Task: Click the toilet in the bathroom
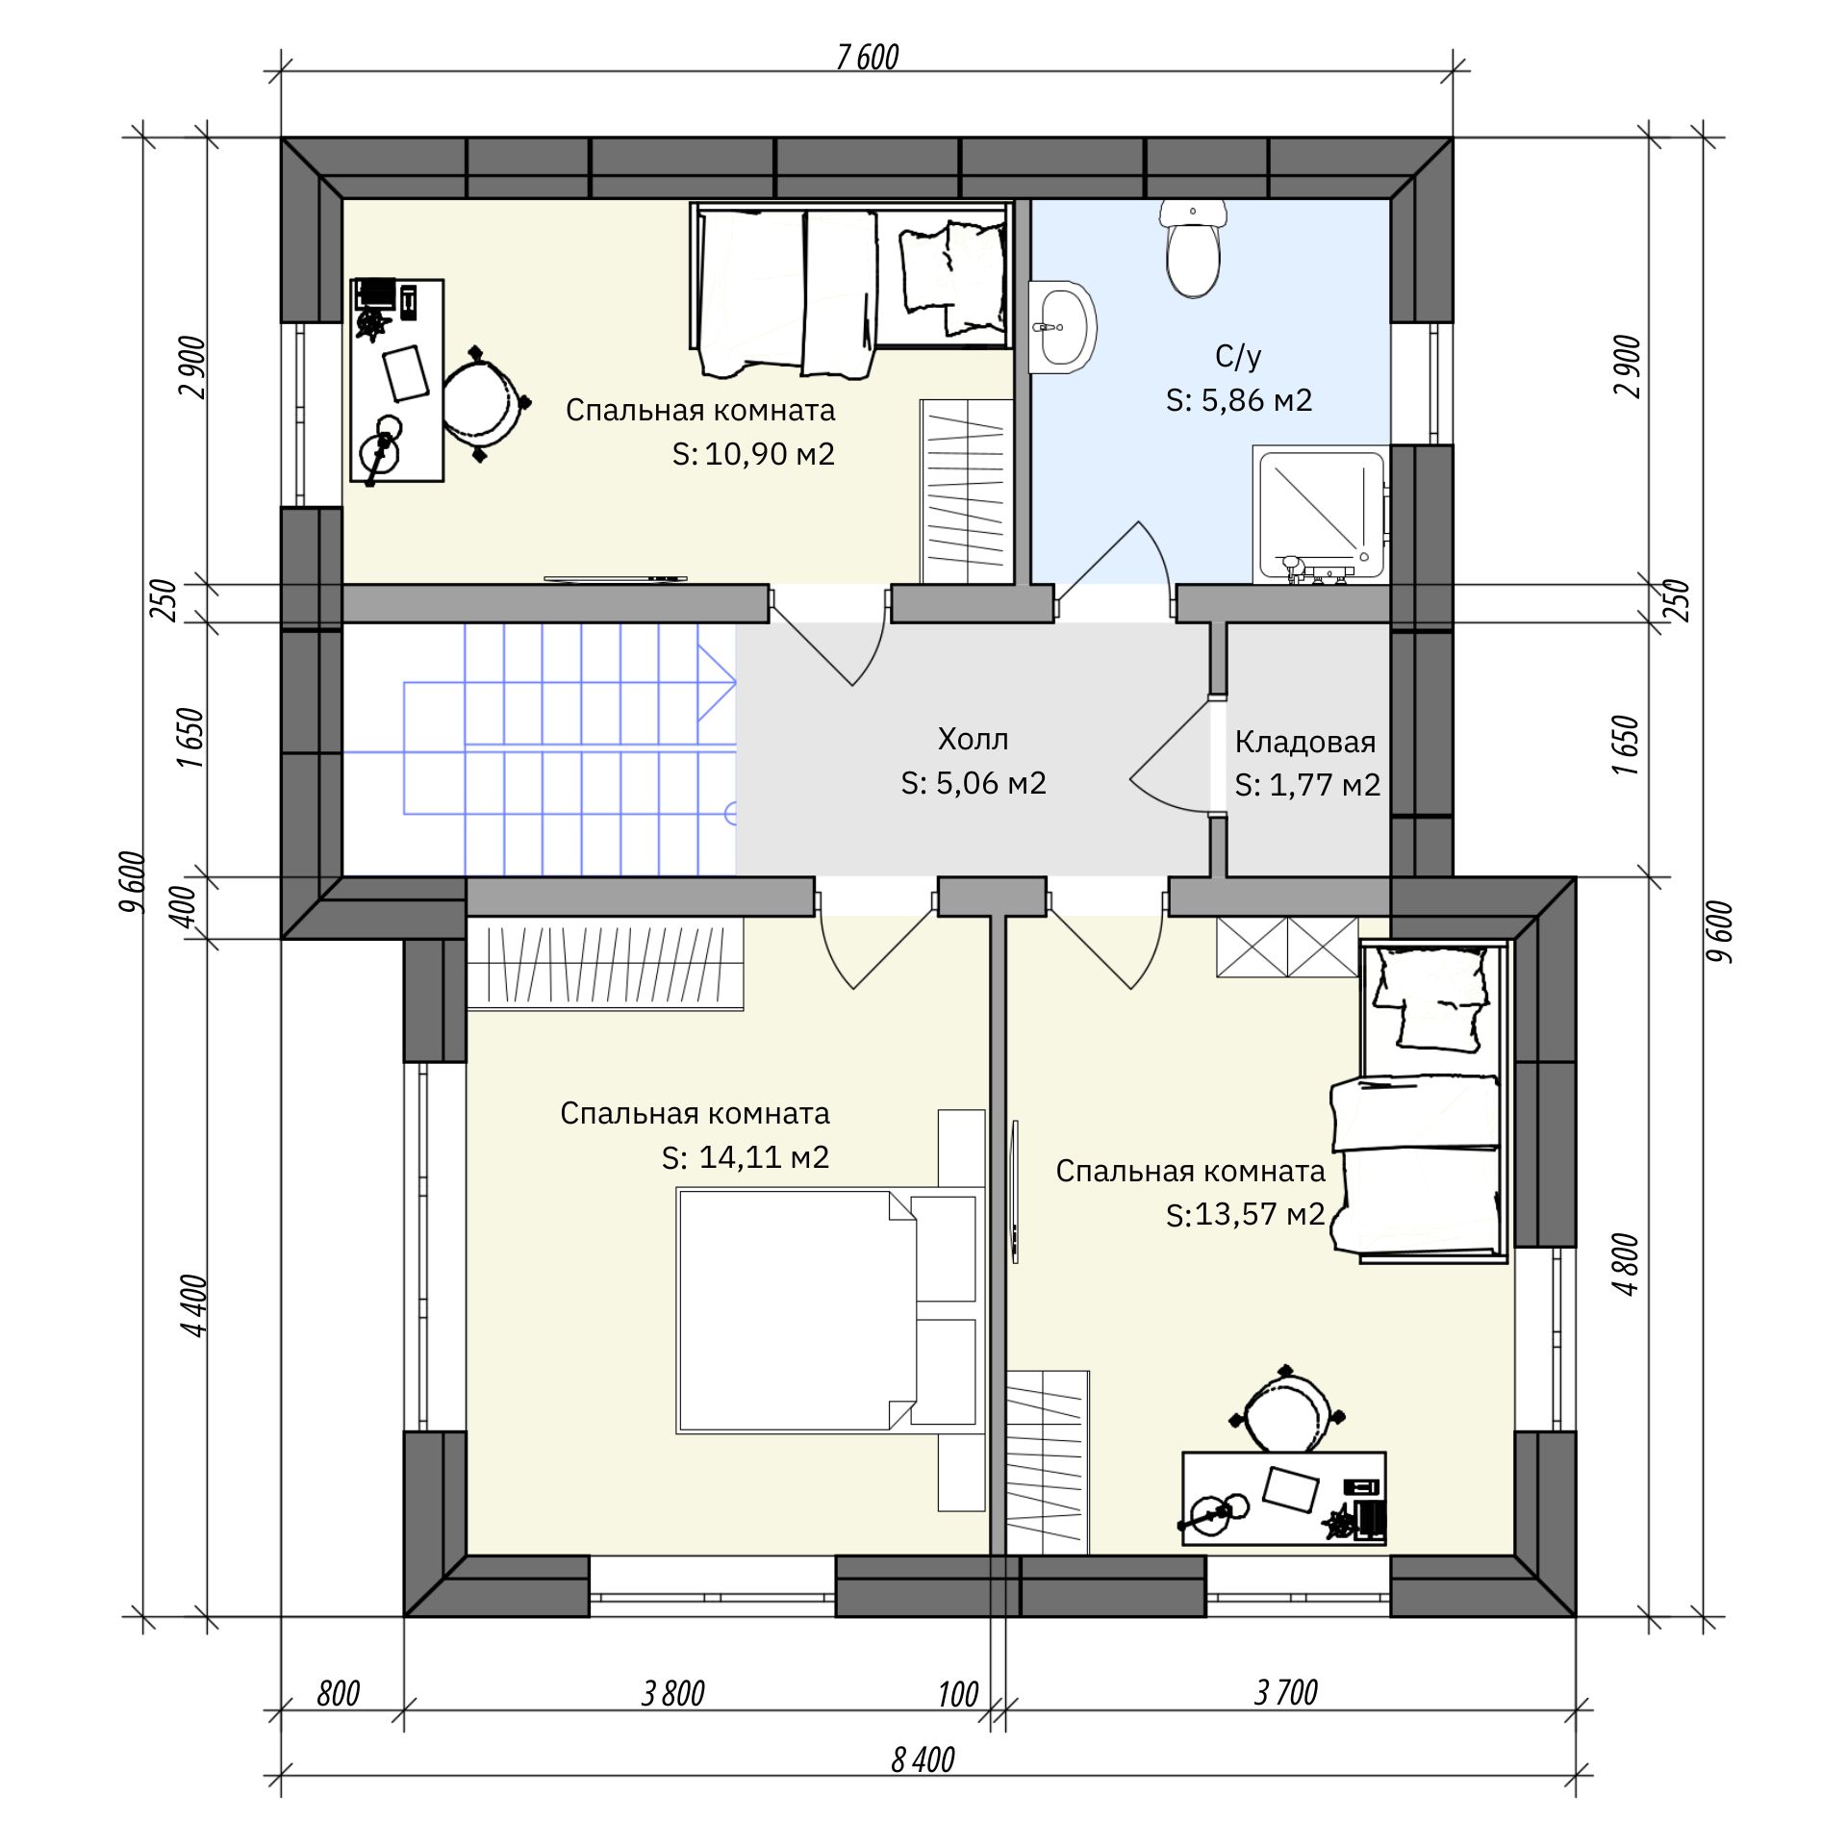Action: click(1193, 247)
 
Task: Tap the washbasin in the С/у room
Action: click(1062, 327)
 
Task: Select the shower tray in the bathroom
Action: click(1321, 514)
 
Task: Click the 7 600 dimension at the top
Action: click(867, 58)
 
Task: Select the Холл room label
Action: click(974, 740)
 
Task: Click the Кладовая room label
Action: click(1305, 742)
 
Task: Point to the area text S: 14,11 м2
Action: click(746, 1156)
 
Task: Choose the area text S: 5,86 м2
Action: click(1239, 400)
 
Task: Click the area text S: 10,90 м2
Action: click(753, 454)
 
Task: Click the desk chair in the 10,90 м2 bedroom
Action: click(486, 404)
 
